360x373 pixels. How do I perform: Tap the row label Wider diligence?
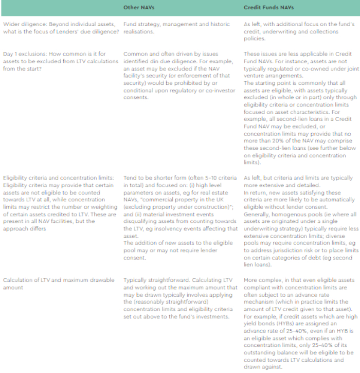(21, 25)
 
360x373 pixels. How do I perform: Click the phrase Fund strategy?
(140, 25)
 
